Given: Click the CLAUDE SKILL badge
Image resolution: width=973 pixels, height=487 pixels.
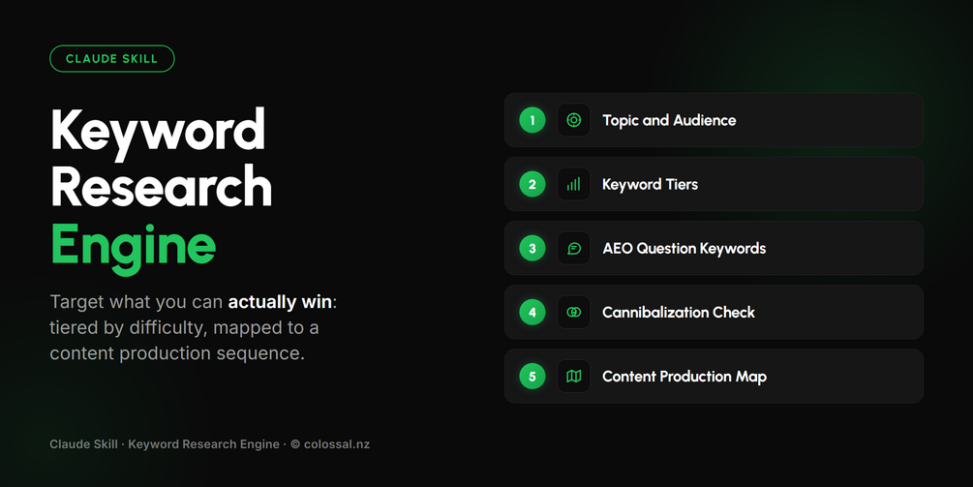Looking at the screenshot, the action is tap(111, 59).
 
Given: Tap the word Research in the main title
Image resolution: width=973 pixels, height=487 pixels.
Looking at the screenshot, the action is tap(162, 186).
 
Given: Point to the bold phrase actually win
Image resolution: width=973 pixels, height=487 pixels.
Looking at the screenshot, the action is tap(280, 302).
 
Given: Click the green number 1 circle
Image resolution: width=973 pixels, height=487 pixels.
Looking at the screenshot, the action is tap(532, 120).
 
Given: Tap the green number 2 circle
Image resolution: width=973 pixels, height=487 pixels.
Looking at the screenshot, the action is tap(532, 184).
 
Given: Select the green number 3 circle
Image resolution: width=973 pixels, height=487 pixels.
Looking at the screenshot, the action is tap(532, 248).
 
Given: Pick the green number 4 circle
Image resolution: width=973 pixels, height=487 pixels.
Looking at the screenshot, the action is tap(532, 312).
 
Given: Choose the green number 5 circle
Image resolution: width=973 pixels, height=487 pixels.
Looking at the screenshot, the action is tap(532, 376).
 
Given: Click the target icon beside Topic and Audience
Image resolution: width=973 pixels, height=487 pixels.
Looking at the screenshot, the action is tap(574, 120).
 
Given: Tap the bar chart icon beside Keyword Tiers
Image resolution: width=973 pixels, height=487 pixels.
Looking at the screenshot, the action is tap(574, 184).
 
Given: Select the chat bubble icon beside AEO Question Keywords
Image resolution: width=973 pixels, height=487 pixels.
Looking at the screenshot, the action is tap(574, 248).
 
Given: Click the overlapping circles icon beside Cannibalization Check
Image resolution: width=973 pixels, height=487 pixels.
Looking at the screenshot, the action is tap(574, 312).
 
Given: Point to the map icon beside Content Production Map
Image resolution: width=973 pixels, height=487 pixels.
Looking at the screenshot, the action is tap(574, 376).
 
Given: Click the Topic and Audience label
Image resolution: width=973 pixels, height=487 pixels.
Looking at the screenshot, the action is tap(669, 120).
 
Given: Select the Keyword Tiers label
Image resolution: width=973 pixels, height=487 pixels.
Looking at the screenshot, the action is tap(651, 184).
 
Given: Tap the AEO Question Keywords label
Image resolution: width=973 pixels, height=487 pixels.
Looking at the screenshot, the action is tap(684, 248).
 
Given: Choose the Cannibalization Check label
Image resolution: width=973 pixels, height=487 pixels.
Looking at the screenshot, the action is tap(679, 312).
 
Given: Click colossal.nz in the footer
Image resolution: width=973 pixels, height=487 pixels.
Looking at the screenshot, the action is tap(337, 444).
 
